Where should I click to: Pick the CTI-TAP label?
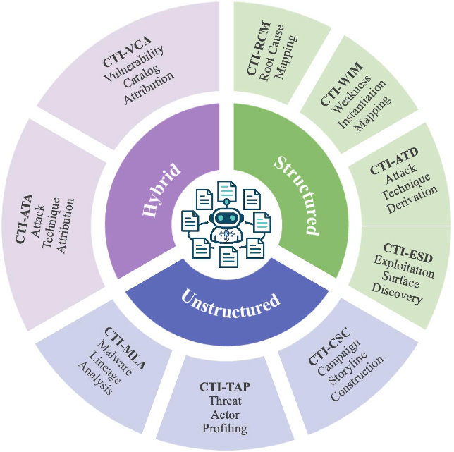click(x=224, y=387)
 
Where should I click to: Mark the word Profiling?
click(x=224, y=427)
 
